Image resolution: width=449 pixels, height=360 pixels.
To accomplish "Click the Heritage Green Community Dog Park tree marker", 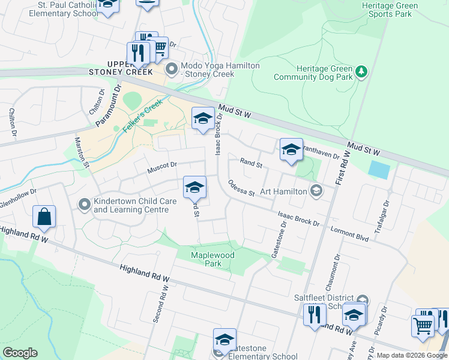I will point(361,73).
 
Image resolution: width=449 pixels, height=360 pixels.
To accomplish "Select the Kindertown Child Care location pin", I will point(85,205).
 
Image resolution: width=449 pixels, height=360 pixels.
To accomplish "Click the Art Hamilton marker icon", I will point(316,191).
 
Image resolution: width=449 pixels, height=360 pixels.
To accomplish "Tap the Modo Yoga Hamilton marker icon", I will point(172,70).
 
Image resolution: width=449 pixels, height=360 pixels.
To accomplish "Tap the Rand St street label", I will point(252,163).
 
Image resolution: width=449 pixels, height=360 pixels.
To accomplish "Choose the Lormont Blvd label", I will point(349,233).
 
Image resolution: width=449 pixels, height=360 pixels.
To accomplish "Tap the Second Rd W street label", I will point(161,302).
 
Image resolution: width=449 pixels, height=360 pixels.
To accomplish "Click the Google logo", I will point(20,353).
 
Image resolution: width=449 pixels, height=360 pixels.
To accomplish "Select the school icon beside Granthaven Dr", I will point(291,150).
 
